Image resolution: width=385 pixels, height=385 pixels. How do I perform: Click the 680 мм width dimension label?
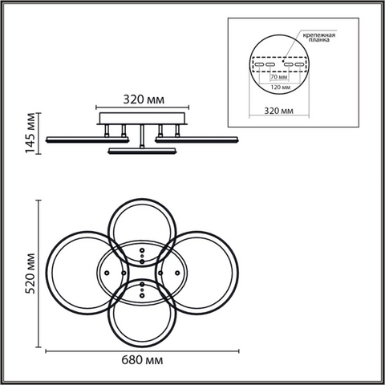pos(142,360)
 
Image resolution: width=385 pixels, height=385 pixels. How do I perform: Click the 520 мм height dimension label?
pos(30,274)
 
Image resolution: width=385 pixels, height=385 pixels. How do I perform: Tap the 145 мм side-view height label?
pos(30,133)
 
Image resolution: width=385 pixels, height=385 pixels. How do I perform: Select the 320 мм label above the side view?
pos(144,99)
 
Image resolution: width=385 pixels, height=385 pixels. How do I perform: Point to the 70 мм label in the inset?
pos(279,77)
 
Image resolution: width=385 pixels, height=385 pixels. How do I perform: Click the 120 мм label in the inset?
pos(281,87)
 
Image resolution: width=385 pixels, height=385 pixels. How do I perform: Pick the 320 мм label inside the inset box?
pos(278,111)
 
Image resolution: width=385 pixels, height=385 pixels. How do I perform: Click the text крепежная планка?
pos(319,37)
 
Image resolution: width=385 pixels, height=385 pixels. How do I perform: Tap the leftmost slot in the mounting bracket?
pos(259,64)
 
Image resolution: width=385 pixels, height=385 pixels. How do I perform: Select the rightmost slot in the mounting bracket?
pos(299,64)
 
